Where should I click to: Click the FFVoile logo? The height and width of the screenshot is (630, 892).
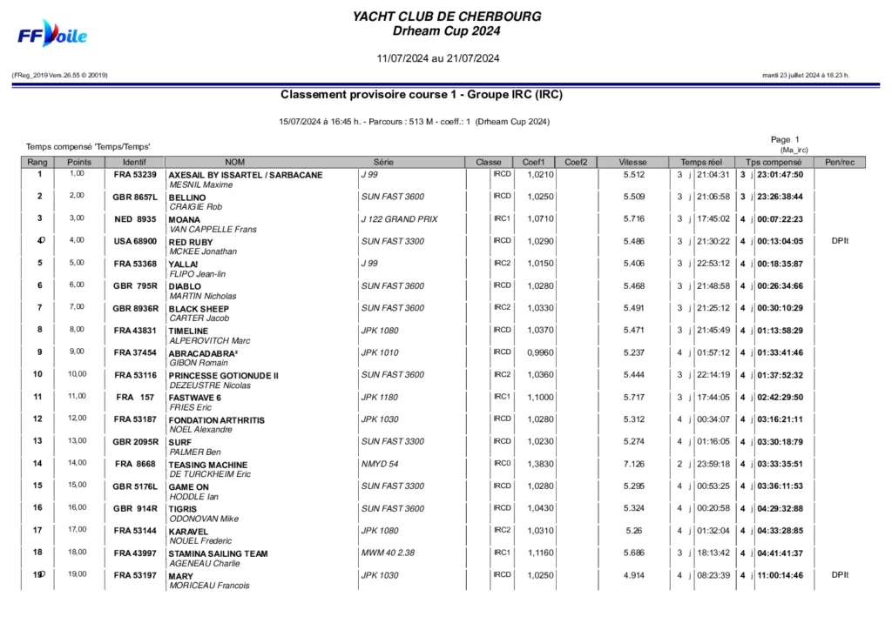(x=53, y=35)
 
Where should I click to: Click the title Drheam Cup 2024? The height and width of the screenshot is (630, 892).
(x=446, y=31)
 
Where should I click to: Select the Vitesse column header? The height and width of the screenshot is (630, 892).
(x=633, y=162)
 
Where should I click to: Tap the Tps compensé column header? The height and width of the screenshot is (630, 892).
(x=773, y=162)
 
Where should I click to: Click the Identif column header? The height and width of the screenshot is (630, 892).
(x=134, y=162)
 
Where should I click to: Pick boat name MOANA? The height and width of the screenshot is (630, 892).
(x=185, y=220)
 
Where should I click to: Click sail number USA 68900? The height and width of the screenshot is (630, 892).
(x=135, y=241)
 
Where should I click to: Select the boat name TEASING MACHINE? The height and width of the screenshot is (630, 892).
(x=208, y=465)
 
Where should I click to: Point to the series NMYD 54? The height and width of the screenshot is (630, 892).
(x=380, y=464)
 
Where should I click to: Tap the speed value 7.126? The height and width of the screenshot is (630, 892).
(x=634, y=464)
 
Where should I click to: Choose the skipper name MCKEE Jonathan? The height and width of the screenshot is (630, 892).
(x=203, y=251)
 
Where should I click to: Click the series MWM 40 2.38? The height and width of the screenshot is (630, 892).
(x=389, y=553)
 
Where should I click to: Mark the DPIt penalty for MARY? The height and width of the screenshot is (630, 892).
(x=839, y=575)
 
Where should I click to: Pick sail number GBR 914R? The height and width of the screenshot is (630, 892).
(x=135, y=508)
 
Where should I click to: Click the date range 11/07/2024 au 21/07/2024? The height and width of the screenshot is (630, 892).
(x=438, y=59)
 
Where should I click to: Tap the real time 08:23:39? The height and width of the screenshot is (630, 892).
(x=713, y=575)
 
